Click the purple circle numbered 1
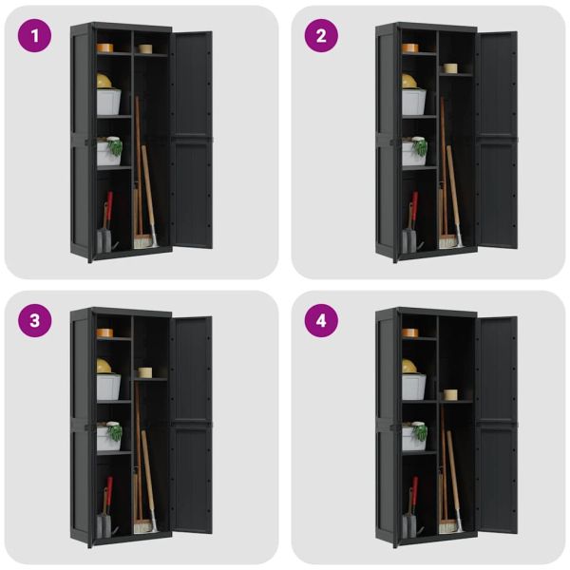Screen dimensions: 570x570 click(34, 36)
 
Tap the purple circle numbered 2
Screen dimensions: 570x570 click(321, 36)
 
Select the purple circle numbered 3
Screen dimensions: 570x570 click(34, 321)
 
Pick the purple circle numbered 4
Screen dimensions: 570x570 click(321, 321)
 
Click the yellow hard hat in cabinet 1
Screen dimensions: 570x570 click(104, 81)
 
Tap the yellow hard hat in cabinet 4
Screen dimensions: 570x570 click(409, 366)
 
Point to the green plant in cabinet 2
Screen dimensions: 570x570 click(421, 147)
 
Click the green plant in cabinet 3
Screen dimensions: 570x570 click(115, 432)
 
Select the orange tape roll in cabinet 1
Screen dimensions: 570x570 click(104, 48)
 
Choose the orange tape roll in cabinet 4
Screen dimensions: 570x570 click(410, 333)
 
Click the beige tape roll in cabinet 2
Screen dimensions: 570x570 click(450, 68)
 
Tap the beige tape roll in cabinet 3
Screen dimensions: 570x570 click(144, 372)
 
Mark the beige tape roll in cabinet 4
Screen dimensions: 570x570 click(450, 395)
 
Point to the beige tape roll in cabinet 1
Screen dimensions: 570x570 click(145, 48)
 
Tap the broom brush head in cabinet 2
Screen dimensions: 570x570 click(447, 241)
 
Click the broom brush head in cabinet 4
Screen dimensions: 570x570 click(447, 526)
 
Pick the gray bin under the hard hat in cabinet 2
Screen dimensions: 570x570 click(413, 102)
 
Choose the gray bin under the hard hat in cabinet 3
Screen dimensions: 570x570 click(108, 387)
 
